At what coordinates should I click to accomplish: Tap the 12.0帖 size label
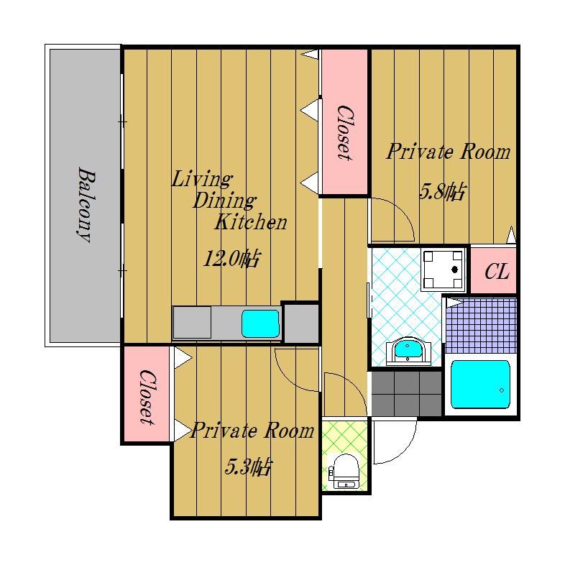point(231,258)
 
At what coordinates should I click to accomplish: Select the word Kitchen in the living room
point(251,222)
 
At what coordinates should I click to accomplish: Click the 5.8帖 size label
point(442,191)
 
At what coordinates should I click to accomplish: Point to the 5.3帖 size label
point(247,467)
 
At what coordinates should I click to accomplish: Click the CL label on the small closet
point(497,272)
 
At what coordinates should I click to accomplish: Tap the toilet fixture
point(345,471)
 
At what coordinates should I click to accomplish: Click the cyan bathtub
point(480,384)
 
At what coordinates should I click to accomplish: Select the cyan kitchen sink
point(260,323)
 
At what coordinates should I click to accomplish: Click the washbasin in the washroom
point(408,351)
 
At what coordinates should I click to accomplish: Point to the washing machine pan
point(443,269)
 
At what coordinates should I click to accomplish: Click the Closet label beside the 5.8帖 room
point(344,132)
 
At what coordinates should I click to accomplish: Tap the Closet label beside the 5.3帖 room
point(147,397)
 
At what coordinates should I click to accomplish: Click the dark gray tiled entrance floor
point(406,394)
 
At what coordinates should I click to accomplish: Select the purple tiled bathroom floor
point(481,326)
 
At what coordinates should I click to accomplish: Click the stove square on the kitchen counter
point(192,322)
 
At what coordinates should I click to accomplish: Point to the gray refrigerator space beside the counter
point(302,323)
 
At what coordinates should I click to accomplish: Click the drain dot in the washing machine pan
point(455,269)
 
